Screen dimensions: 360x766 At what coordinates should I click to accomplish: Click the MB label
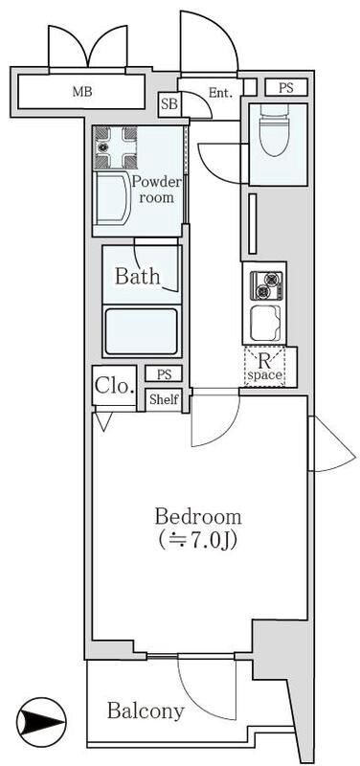(82, 91)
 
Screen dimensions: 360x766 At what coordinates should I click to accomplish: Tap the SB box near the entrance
(170, 104)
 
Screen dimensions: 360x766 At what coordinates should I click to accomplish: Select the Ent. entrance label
(219, 92)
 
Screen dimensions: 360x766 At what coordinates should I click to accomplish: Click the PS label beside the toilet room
(286, 88)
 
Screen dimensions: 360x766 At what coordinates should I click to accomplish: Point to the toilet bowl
(276, 129)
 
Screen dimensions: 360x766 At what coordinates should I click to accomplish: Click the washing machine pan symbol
(116, 146)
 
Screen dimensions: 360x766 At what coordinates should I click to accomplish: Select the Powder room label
(157, 190)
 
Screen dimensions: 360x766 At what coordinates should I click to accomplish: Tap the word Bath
(137, 277)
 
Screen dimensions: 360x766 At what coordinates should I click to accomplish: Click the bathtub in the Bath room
(141, 331)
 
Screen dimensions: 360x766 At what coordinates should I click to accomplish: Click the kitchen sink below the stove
(265, 323)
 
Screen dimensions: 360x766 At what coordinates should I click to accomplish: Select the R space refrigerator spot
(264, 368)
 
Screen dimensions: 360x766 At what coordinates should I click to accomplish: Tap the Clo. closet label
(114, 386)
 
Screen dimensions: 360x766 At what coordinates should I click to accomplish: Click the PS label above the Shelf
(164, 374)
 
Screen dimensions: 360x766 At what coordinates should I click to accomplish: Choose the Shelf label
(164, 399)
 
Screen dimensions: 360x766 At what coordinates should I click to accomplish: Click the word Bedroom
(198, 516)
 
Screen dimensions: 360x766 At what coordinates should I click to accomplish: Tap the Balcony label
(146, 710)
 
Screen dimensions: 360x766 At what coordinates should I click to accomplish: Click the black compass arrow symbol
(40, 722)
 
